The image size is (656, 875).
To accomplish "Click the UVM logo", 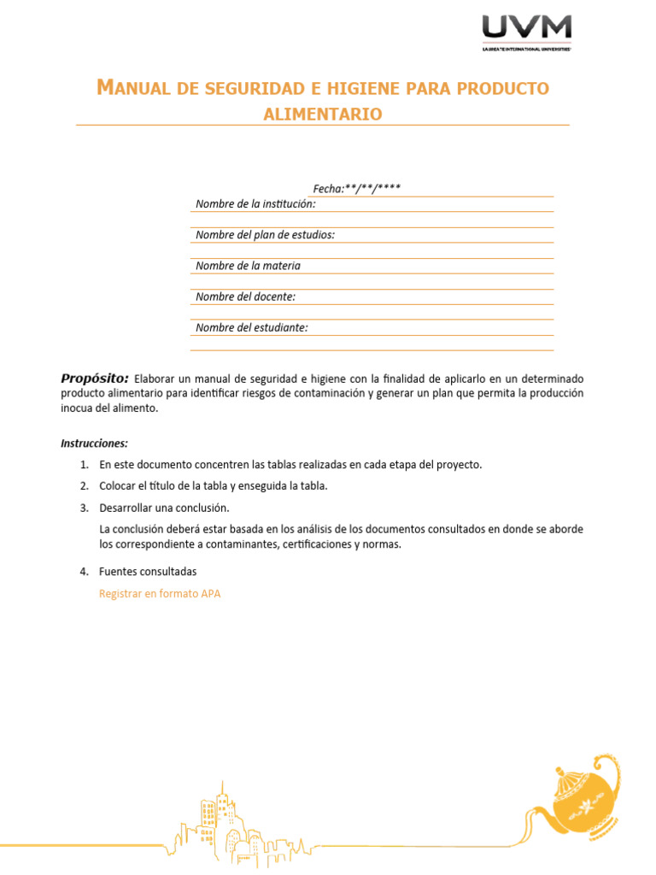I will [x=526, y=29].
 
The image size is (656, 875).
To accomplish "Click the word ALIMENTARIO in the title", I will [x=323, y=114].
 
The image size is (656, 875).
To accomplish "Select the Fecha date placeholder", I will [x=356, y=188].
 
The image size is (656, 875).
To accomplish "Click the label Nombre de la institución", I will [x=255, y=203].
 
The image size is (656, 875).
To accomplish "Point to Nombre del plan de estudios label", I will [x=265, y=235].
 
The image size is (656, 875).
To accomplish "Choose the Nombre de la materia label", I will [x=248, y=266].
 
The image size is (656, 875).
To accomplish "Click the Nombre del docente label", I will [x=245, y=297].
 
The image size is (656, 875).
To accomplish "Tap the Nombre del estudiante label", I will [x=251, y=327].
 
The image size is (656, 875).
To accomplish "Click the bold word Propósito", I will [x=94, y=378].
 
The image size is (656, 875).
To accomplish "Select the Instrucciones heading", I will [x=94, y=443].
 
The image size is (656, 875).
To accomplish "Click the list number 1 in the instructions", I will [x=84, y=465].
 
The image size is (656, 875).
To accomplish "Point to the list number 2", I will [x=84, y=486].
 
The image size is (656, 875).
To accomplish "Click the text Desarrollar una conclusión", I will [x=164, y=508].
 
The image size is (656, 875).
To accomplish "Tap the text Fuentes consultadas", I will [x=148, y=572].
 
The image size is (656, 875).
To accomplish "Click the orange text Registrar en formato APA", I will [x=160, y=594].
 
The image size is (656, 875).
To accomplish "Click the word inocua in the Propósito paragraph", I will [x=78, y=408].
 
